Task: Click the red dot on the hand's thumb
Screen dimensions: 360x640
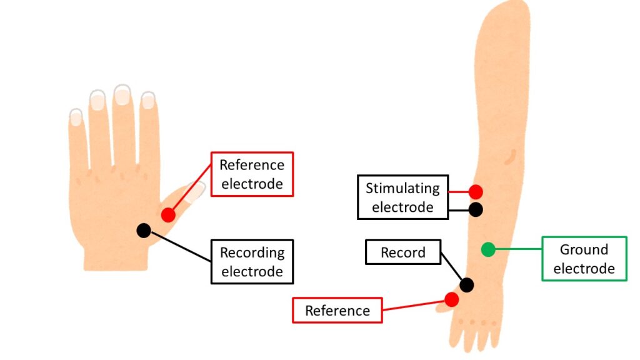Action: (167, 215)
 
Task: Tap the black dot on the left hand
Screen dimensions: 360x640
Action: (144, 230)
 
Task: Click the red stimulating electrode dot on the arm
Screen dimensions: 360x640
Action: (476, 192)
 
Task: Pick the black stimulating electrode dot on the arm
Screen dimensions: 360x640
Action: (476, 209)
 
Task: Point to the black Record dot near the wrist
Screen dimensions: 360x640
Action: (466, 285)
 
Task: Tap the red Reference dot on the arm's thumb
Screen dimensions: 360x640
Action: (451, 299)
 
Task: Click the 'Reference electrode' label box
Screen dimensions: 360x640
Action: (252, 174)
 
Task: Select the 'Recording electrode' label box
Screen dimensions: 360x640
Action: (252, 261)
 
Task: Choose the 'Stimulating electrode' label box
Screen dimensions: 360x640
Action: (402, 197)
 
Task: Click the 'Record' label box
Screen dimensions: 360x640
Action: (402, 252)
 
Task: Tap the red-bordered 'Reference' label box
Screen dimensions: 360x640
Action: (337, 310)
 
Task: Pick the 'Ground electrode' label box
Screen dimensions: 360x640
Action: (584, 259)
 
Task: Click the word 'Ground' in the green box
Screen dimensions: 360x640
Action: (584, 250)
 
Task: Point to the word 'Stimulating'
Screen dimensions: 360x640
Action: (402, 188)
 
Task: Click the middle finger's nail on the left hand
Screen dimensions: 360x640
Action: (122, 95)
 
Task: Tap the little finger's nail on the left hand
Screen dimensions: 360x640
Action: (76, 117)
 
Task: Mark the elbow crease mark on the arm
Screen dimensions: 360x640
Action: (511, 153)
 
